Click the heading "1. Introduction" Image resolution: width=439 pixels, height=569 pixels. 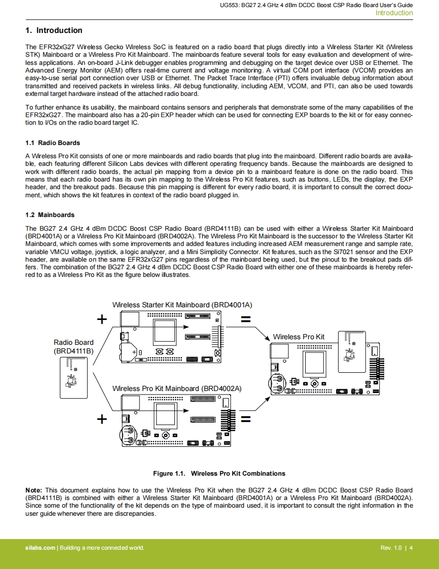(54, 30)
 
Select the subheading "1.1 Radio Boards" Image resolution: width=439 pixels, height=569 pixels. (53, 143)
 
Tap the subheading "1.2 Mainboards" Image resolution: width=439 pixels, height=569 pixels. (50, 215)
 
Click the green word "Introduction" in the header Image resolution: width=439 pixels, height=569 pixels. (394, 13)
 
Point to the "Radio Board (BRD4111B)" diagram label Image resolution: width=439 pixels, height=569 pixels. (74, 346)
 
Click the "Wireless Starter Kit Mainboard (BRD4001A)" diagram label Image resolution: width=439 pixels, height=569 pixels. (182, 305)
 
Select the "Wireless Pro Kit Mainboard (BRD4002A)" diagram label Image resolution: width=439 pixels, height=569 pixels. (177, 388)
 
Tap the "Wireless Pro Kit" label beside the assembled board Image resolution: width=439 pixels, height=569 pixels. (299, 337)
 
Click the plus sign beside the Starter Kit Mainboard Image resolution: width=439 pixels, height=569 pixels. (102, 319)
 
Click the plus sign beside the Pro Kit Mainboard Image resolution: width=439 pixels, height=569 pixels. (102, 419)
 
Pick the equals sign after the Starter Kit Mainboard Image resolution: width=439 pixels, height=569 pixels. (246, 319)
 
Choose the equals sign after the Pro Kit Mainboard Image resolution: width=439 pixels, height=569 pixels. (246, 419)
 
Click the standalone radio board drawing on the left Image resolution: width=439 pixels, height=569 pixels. (74, 378)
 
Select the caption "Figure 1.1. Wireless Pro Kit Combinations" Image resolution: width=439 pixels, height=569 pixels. (219, 474)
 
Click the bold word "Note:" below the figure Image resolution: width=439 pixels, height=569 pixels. (34, 490)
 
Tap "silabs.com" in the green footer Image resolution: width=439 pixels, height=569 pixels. (40, 548)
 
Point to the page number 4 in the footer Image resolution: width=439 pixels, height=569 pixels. (411, 548)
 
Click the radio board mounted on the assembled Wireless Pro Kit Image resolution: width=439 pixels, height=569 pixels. (352, 351)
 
